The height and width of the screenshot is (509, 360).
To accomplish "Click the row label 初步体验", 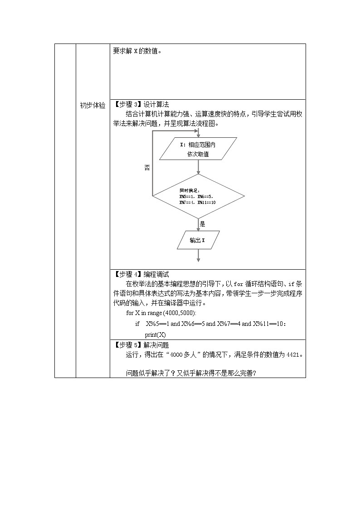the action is click(x=92, y=105).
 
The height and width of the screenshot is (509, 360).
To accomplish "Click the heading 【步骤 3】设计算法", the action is click(x=141, y=104).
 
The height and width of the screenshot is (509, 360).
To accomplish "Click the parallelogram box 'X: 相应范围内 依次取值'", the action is click(x=198, y=149).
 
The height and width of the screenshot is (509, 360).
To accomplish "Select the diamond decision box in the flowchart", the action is click(x=198, y=196).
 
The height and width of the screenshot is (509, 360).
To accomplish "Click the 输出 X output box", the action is click(x=198, y=240).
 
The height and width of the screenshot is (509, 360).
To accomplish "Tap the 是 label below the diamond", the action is click(x=203, y=223).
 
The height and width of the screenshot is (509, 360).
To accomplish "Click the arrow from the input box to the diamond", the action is click(x=198, y=167).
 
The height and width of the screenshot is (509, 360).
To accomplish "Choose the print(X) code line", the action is click(x=155, y=334).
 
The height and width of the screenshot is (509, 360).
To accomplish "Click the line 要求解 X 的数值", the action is click(x=137, y=51).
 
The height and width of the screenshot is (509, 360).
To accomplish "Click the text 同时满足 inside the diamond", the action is click(x=190, y=191).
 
